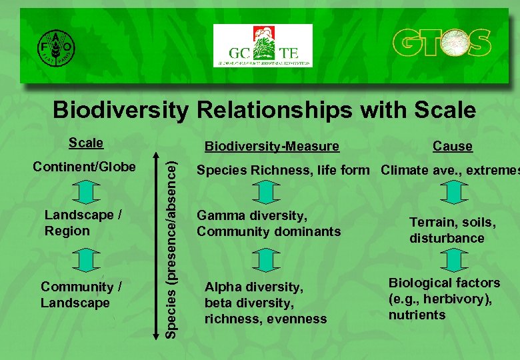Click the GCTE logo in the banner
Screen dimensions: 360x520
(x=263, y=46)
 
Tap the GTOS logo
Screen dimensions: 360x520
(x=441, y=45)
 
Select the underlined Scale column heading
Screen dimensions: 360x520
(x=86, y=143)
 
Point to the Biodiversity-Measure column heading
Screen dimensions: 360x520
(x=271, y=146)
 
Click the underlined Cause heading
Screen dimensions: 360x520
(x=452, y=146)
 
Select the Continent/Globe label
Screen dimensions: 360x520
(x=85, y=166)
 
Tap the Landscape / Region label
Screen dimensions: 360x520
(x=83, y=223)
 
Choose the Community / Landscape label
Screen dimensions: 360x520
(x=81, y=295)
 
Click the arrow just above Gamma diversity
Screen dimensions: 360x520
(x=266, y=192)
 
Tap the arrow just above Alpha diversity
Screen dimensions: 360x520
(x=266, y=260)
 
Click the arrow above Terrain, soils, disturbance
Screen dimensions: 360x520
(x=453, y=192)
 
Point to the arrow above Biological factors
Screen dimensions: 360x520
(x=453, y=260)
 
